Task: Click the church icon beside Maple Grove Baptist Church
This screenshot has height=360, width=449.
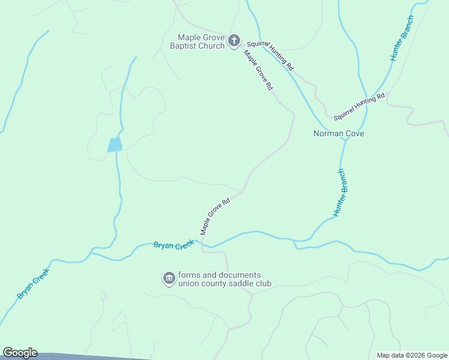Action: (x=234, y=41)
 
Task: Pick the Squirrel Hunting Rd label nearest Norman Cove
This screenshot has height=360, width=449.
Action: (x=358, y=105)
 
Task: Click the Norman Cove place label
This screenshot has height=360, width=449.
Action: (x=339, y=133)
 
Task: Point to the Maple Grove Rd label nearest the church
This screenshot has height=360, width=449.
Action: (x=258, y=70)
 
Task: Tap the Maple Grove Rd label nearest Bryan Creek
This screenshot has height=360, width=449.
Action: (x=215, y=217)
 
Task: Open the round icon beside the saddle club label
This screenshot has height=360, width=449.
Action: (x=168, y=278)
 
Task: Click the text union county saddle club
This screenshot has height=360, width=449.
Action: (x=224, y=284)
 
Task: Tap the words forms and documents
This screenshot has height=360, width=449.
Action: (x=219, y=275)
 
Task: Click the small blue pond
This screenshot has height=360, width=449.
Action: (x=115, y=145)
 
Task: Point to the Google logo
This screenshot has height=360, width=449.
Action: (x=20, y=353)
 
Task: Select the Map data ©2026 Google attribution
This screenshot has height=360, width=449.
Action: (x=412, y=355)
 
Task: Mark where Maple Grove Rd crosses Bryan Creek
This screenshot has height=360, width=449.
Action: (x=203, y=244)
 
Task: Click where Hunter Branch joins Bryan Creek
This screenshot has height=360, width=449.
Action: (x=295, y=241)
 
